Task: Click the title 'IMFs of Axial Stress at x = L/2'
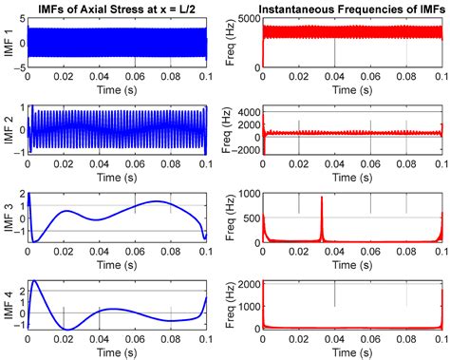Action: click(x=117, y=9)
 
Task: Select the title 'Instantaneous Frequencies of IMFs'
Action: click(x=352, y=9)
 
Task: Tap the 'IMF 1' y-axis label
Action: click(x=9, y=43)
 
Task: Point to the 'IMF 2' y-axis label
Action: click(x=9, y=130)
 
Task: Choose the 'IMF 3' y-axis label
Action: click(x=9, y=218)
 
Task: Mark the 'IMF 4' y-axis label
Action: click(x=9, y=305)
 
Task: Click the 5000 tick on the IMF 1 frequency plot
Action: click(x=249, y=19)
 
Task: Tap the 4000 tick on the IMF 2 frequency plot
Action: click(x=249, y=112)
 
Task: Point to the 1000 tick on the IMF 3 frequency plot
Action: click(x=249, y=194)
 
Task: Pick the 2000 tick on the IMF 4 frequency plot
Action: click(x=249, y=284)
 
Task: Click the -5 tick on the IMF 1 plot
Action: click(x=20, y=67)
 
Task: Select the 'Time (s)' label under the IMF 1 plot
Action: click(x=117, y=90)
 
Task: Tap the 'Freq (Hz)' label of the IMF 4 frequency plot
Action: click(x=231, y=305)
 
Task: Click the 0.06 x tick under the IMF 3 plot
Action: click(x=136, y=252)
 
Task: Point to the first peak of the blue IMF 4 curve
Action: click(x=34, y=280)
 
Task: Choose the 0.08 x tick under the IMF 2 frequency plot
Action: click(x=406, y=164)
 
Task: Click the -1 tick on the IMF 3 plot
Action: click(x=20, y=231)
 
